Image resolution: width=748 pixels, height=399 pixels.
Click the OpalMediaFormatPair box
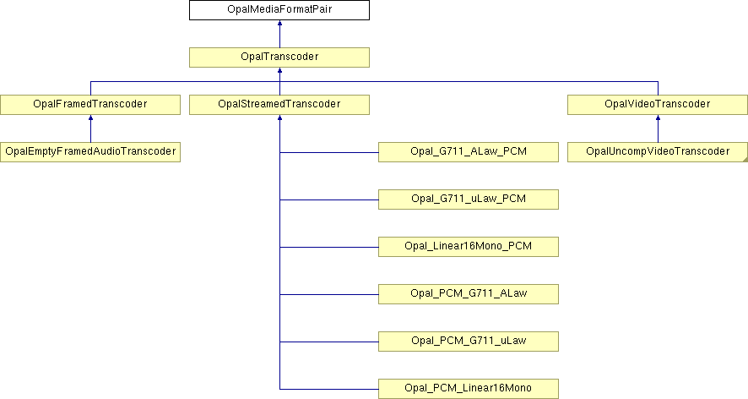[279, 10]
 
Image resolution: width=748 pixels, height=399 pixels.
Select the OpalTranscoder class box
[279, 57]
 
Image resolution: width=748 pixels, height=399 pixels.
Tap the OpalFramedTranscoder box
[90, 105]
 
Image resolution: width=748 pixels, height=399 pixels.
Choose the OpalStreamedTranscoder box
[279, 105]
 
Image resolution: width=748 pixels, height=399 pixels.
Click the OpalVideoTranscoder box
[658, 105]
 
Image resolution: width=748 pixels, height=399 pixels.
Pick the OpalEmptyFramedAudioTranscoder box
[90, 152]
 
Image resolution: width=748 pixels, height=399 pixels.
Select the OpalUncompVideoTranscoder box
[658, 152]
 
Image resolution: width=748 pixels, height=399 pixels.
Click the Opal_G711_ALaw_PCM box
[469, 152]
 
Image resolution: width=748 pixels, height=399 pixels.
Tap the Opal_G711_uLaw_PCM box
[469, 199]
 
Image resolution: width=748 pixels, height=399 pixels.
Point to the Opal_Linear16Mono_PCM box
[469, 247]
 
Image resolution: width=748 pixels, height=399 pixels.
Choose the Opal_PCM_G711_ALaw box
[469, 294]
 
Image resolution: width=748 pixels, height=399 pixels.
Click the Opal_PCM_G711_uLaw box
[469, 342]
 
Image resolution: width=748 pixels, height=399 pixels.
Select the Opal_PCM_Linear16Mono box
[469, 389]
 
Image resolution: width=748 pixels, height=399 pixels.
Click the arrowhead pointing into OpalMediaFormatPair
[279, 23]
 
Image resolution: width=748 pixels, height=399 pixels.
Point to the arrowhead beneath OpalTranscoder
[279, 70]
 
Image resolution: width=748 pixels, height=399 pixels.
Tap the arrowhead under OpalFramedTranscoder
[90, 117]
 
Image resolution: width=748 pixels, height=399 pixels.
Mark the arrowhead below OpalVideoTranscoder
[658, 117]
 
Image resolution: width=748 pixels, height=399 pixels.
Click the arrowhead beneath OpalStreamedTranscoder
[279, 117]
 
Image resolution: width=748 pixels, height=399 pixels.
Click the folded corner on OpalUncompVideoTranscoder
[745, 160]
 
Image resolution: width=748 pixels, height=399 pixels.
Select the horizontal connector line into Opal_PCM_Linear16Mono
[329, 389]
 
